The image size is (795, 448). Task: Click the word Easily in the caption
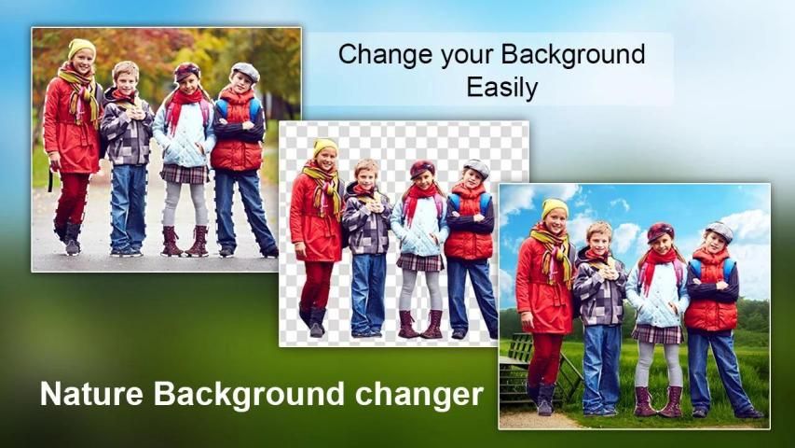tap(502, 88)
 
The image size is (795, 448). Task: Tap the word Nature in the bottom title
tap(91, 394)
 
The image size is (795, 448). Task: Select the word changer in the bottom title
tap(418, 395)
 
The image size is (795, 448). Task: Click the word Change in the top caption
tap(385, 55)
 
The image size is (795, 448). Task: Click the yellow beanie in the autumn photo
tap(81, 48)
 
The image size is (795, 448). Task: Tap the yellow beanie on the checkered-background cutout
tap(325, 147)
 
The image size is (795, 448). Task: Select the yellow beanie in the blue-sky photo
tap(555, 208)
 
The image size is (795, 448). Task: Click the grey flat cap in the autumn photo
tap(246, 71)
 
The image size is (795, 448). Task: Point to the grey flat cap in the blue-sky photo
tap(720, 231)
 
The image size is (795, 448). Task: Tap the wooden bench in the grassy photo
tap(538, 370)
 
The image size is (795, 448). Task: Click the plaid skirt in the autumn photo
tap(185, 174)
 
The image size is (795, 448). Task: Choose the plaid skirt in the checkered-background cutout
tap(419, 262)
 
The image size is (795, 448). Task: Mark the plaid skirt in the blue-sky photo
tap(658, 334)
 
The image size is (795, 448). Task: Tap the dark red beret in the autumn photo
tap(187, 71)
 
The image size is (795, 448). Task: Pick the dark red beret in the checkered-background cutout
tap(422, 168)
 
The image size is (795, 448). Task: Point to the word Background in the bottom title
tap(249, 395)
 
